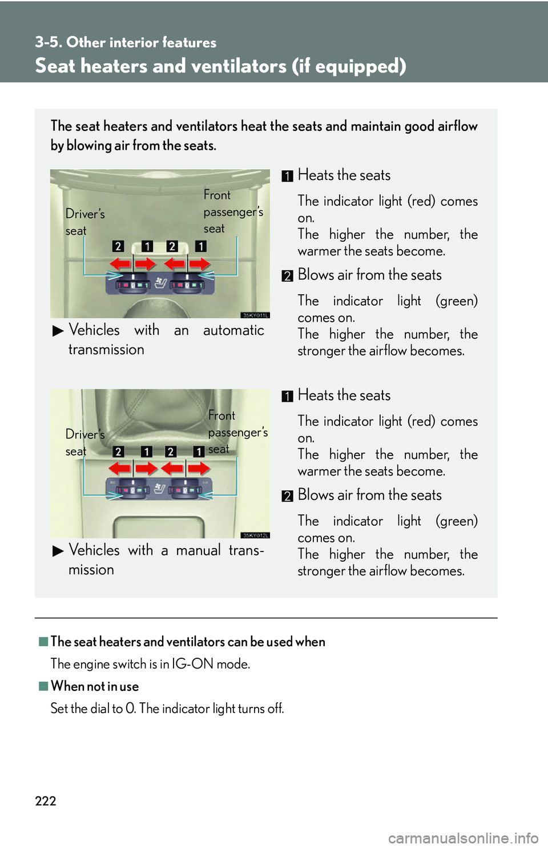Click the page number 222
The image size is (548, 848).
(x=46, y=801)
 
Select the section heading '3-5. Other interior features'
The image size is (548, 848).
(x=126, y=42)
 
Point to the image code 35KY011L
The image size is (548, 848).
(x=255, y=315)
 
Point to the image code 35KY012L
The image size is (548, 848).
(x=255, y=535)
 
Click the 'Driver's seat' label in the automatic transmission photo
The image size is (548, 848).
(x=84, y=222)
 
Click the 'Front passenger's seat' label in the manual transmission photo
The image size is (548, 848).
(x=238, y=432)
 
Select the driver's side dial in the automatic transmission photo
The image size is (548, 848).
(x=132, y=282)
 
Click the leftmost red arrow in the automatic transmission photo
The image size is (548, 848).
(x=119, y=264)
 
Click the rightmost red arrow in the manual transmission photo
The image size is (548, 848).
(x=199, y=469)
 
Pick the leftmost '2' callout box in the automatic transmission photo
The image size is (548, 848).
(x=118, y=246)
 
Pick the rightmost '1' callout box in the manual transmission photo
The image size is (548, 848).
(x=199, y=451)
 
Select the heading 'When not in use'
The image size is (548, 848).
(x=95, y=686)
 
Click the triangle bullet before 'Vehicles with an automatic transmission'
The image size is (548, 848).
(x=58, y=331)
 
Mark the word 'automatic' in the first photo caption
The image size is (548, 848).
(x=233, y=330)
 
